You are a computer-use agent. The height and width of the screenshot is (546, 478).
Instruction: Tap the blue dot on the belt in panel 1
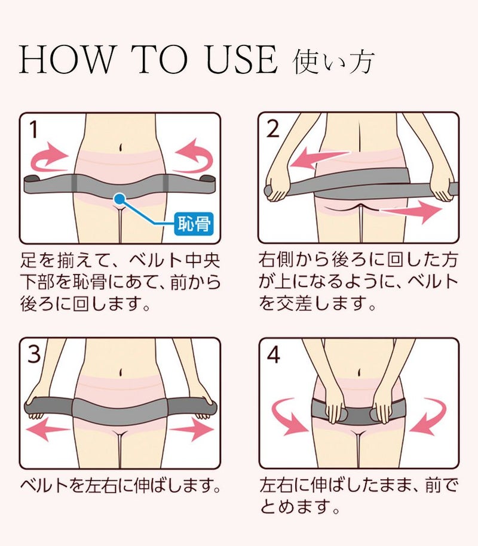[x=119, y=199]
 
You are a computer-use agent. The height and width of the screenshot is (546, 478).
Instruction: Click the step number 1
[x=33, y=129]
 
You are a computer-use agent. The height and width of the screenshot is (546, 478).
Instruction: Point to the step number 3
[x=34, y=354]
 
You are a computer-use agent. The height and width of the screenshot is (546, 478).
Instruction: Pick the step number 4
[x=273, y=355]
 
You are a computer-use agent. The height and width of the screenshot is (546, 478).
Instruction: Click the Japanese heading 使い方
[x=333, y=62]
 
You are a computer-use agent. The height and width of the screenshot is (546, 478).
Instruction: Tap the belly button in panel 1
[x=121, y=147]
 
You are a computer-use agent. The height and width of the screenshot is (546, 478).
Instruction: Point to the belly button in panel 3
[x=121, y=372]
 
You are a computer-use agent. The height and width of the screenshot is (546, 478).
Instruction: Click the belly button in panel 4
[x=358, y=372]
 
